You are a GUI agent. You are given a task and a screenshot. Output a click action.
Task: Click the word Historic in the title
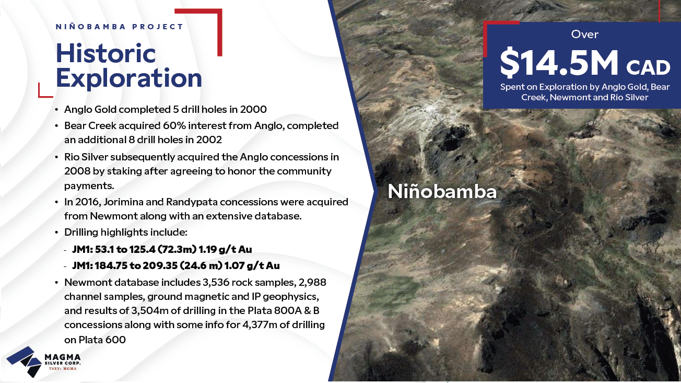pos(106,53)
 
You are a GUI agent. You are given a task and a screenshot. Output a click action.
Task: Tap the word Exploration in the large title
pos(129,78)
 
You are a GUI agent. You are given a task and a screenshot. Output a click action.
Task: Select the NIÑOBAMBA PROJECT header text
pos(119,27)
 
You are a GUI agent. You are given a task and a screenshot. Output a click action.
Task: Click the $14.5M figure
pos(559,63)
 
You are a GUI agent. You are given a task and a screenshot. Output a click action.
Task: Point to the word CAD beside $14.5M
pos(648,67)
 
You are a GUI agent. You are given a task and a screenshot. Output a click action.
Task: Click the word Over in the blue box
pos(584,34)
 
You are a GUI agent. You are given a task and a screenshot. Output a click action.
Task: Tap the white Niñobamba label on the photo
pos(442,192)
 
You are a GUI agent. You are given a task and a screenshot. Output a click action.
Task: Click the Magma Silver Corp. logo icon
pos(25,362)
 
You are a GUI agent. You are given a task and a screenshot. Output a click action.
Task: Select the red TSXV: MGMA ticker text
pos(63,369)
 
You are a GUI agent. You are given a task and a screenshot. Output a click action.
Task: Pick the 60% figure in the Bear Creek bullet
pos(173,125)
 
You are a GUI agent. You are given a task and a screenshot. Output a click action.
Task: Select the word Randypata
pos(188,202)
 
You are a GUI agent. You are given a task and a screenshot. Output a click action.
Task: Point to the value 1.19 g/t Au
pos(225,249)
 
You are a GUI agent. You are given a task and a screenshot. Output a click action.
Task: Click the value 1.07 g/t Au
pos(252,265)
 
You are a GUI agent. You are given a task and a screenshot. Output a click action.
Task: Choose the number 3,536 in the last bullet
pos(216,283)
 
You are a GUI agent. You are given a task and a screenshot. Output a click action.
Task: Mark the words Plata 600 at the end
pos(102,340)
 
